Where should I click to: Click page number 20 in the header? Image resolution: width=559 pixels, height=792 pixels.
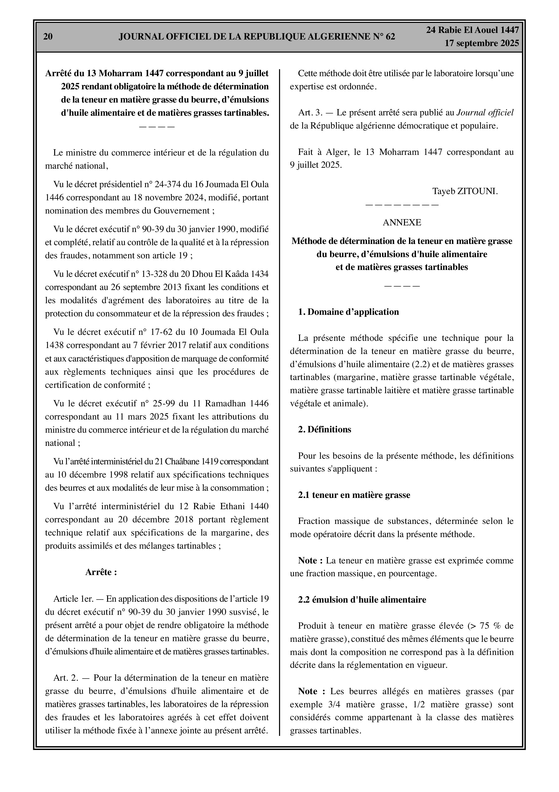click(x=48, y=37)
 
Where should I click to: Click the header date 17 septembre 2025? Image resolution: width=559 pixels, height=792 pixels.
click(x=481, y=43)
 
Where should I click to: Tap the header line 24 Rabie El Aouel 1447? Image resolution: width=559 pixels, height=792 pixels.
click(x=473, y=30)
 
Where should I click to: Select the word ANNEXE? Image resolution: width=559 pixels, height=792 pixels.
click(x=402, y=223)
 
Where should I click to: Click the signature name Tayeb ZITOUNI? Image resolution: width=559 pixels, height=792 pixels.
click(x=465, y=191)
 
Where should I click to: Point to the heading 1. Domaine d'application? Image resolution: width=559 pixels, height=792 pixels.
click(x=349, y=312)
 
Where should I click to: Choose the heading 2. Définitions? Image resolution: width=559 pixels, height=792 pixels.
click(x=325, y=430)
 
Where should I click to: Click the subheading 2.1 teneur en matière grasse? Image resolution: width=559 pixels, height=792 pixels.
click(x=354, y=495)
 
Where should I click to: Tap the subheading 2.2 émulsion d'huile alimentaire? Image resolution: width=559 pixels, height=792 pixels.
click(x=362, y=599)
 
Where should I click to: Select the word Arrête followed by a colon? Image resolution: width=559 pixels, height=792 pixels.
click(x=101, y=572)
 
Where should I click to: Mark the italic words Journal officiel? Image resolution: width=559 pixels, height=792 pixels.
click(x=485, y=113)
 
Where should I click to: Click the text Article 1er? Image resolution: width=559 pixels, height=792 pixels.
click(x=70, y=599)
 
